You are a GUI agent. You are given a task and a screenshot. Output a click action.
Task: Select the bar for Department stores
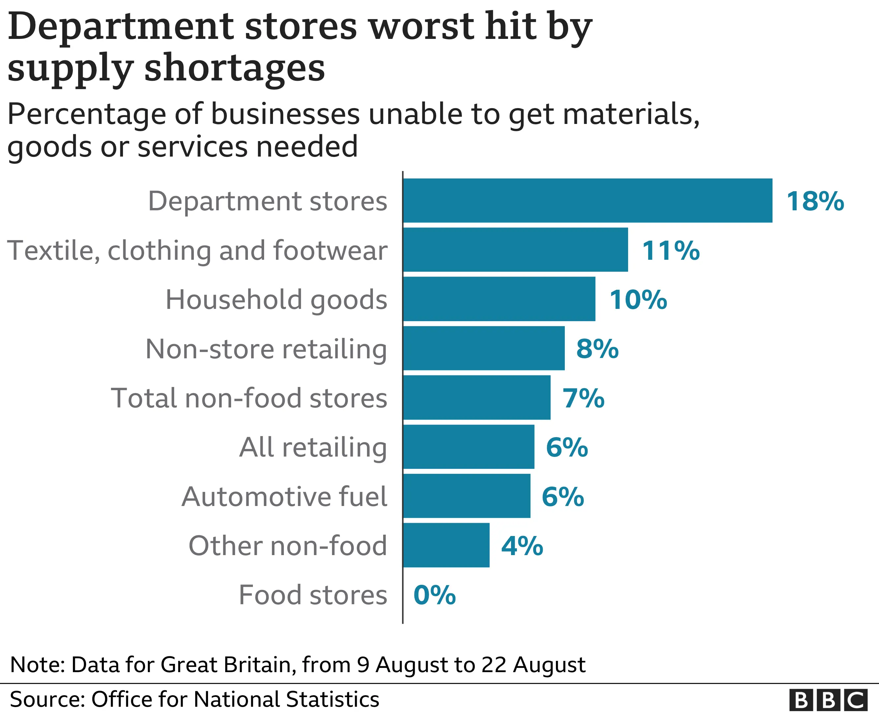coord(587,200)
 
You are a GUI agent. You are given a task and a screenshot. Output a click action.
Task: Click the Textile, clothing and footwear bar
coord(515,250)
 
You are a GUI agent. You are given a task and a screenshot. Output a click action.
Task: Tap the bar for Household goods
coord(499,299)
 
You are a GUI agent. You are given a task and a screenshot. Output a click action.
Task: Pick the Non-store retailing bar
coord(484,348)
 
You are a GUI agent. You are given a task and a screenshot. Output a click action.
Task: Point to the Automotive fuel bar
coord(467,496)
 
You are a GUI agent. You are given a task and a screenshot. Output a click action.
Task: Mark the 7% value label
coord(584,399)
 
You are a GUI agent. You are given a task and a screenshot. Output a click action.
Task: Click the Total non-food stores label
coord(249,398)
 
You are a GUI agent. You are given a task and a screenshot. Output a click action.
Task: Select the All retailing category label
coord(313,447)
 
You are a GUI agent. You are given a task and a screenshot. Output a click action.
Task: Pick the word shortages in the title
coord(234,68)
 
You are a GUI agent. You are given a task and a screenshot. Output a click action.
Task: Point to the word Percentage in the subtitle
coord(86,114)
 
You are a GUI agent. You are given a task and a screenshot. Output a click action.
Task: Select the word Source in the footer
coord(45,699)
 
